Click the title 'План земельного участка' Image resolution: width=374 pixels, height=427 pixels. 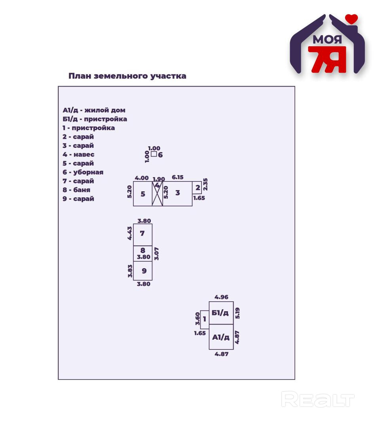(x=127, y=76)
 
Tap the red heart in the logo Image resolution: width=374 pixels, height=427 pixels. (x=351, y=19)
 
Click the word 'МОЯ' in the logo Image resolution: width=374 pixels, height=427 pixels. (x=327, y=40)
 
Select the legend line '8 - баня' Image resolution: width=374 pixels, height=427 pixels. (x=76, y=190)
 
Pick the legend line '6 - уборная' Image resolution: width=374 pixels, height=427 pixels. (x=83, y=172)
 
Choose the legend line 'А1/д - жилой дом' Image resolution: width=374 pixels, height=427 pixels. (x=94, y=110)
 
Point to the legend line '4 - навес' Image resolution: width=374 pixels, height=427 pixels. (x=78, y=154)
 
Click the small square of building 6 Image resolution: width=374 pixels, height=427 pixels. (x=154, y=154)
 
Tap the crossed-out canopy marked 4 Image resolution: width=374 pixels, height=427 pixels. (x=158, y=194)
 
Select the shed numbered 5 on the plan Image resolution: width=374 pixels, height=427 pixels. (x=142, y=194)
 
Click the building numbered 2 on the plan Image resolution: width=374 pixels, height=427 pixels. (x=197, y=188)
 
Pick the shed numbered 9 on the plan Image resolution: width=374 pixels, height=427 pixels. (x=142, y=271)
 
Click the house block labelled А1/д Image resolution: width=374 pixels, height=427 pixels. (x=221, y=337)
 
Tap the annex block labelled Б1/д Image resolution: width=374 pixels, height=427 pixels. (x=221, y=313)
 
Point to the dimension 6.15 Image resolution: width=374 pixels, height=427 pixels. (x=178, y=178)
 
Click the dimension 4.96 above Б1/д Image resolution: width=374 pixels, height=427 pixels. (x=221, y=297)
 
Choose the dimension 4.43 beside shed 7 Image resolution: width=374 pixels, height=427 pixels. (x=130, y=233)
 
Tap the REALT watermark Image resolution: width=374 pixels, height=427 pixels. (x=318, y=399)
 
